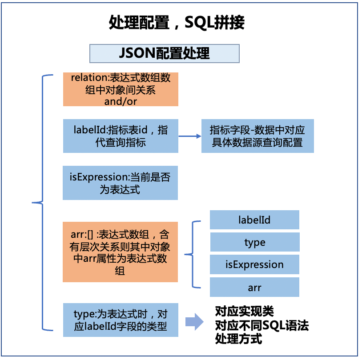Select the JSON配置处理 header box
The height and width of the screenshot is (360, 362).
[165, 53]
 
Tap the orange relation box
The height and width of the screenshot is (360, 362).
[121, 89]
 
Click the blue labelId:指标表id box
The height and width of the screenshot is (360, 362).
[121, 136]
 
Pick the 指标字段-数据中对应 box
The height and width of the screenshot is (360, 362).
[257, 136]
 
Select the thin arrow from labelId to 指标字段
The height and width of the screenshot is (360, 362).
[190, 136]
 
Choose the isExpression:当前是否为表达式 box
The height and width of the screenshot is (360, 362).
[120, 183]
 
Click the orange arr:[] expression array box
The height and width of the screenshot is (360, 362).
[120, 252]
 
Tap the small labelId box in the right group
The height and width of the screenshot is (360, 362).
[254, 220]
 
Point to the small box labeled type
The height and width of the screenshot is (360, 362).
[254, 242]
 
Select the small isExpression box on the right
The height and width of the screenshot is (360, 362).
[254, 265]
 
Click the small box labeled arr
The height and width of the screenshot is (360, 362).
[254, 288]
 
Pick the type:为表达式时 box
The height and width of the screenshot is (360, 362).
[120, 320]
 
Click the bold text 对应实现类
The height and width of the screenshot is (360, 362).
[244, 310]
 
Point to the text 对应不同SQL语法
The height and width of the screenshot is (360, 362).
[261, 325]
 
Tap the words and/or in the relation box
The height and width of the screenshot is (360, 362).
[121, 101]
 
